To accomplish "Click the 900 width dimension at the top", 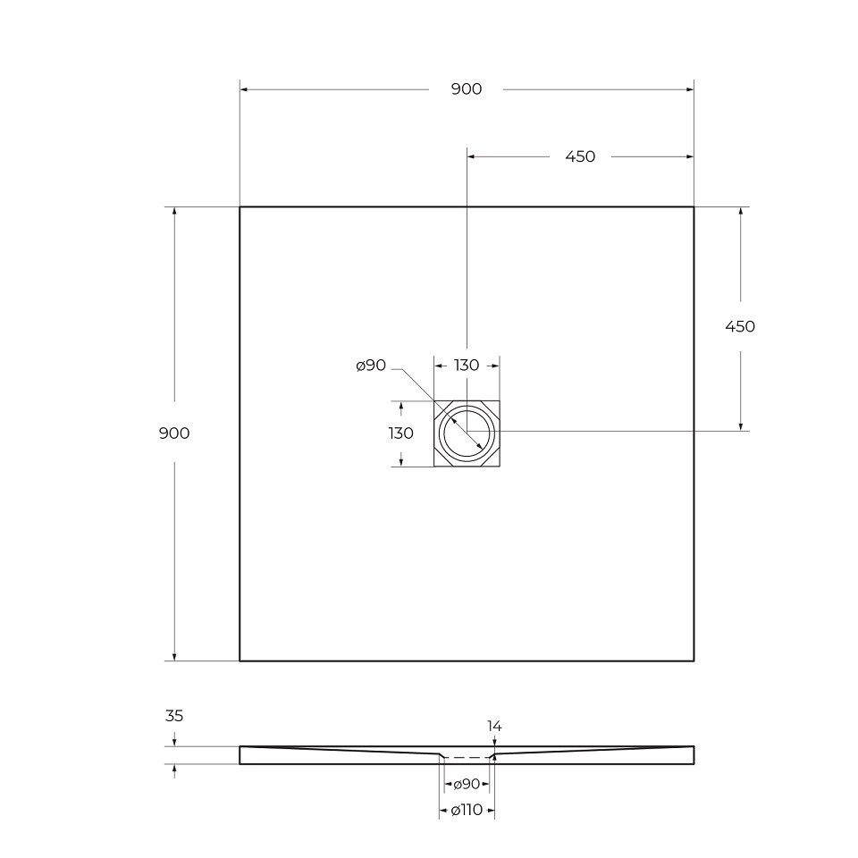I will click(467, 88).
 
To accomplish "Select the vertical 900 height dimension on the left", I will click(173, 433).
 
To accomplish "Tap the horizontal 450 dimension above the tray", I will click(580, 156).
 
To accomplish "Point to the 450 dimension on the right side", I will click(739, 326).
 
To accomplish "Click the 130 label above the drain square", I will click(467, 365).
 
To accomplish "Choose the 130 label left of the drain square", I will click(400, 433).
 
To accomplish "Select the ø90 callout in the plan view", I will click(370, 366).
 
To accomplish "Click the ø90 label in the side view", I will click(467, 784).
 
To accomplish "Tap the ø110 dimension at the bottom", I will click(467, 811).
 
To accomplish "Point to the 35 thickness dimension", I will click(174, 716).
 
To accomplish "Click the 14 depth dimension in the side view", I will click(494, 727).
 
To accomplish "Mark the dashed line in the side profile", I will click(467, 758).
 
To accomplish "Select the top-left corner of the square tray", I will click(240, 207).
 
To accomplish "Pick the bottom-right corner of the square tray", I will click(694, 660).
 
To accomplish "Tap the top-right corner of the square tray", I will click(694, 207).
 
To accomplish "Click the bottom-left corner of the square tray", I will click(240, 660).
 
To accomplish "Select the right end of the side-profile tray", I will click(693, 755).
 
